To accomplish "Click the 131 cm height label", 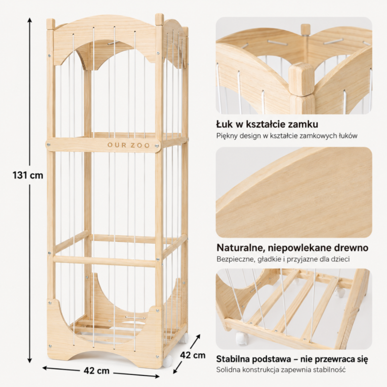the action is (28, 175).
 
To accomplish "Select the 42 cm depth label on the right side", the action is (193, 355).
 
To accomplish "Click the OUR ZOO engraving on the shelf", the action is (128, 146).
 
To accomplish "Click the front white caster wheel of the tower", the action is (167, 361).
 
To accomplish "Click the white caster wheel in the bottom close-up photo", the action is (242, 338).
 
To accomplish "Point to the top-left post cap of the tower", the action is (51, 24).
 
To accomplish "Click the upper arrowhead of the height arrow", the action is (30, 20).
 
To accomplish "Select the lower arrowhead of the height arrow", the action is (30, 360).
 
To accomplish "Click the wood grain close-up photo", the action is (294, 193).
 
